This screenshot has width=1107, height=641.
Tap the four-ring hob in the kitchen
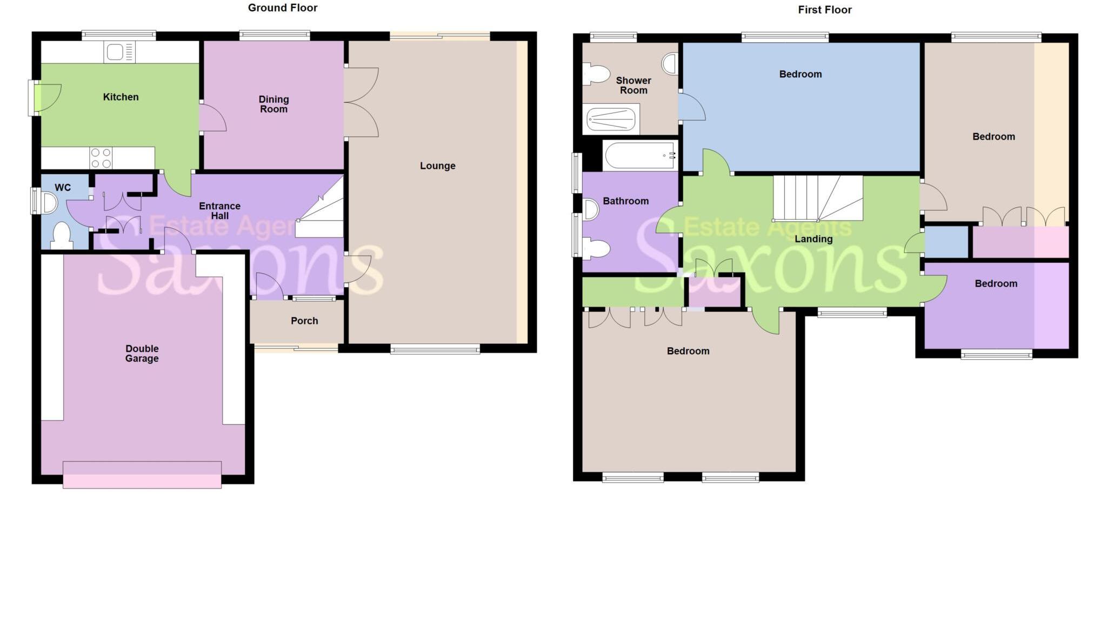101,158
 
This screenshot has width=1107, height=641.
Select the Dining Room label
274,104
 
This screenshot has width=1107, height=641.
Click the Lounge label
437,166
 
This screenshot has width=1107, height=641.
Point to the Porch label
304,321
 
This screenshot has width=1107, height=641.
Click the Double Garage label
142,353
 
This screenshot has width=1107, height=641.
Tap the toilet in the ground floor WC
62,236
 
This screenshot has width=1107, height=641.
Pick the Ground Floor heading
282,8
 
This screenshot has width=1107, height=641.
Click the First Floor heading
824,10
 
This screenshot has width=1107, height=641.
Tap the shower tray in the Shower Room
611,119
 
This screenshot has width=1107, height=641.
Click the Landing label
813,239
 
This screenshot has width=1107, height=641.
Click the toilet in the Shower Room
595,74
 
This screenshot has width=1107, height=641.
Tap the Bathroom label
625,201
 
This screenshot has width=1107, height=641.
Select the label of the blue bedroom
800,74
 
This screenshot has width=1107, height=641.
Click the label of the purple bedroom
996,283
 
